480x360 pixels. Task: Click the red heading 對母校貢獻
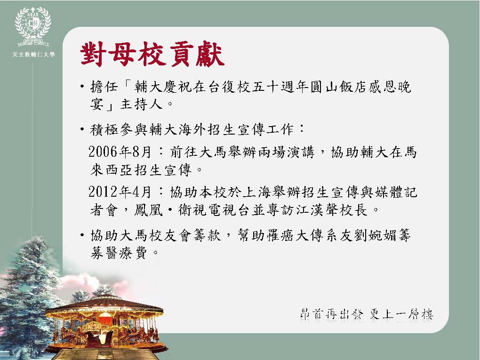(x=152, y=54)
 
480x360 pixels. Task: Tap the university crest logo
(x=33, y=27)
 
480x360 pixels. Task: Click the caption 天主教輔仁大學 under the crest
(x=33, y=55)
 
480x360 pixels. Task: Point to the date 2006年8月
(x=120, y=152)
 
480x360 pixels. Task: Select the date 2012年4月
(x=120, y=192)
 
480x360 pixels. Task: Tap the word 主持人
(x=141, y=104)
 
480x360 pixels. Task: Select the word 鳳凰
(x=148, y=210)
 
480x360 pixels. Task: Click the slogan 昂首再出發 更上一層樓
(x=367, y=314)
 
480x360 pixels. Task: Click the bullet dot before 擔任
(x=82, y=87)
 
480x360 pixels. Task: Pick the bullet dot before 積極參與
(x=82, y=130)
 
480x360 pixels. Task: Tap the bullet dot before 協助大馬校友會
(x=82, y=235)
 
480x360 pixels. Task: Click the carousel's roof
(x=104, y=304)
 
